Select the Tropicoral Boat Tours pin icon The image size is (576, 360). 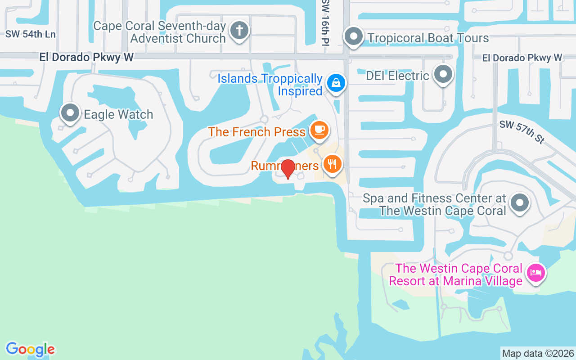(x=353, y=36)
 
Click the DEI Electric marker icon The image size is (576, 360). (x=443, y=74)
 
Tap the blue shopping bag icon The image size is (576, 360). (x=336, y=83)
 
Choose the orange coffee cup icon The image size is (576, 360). (x=319, y=130)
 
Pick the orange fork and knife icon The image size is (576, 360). (x=332, y=164)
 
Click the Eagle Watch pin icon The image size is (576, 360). (x=70, y=113)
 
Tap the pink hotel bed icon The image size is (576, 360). (x=536, y=273)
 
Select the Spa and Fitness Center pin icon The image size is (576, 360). (x=520, y=202)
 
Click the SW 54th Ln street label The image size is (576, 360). (x=31, y=34)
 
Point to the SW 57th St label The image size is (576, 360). (x=522, y=132)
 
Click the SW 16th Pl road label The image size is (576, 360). (x=325, y=22)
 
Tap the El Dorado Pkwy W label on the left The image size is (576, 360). (x=86, y=57)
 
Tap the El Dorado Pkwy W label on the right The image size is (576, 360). (x=522, y=58)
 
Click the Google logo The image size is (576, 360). (x=31, y=349)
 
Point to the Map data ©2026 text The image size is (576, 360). (x=538, y=353)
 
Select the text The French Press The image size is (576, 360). (x=257, y=132)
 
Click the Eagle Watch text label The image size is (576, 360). (x=119, y=114)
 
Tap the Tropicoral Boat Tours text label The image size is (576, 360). (x=428, y=38)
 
